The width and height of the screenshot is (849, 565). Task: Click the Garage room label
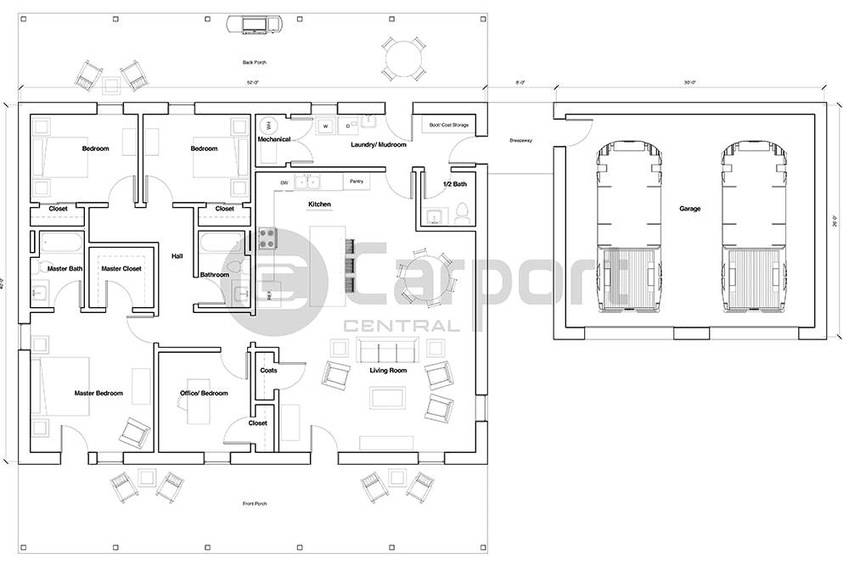689,209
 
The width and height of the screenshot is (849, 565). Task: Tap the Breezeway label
520,141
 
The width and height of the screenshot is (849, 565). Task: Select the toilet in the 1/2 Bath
463,211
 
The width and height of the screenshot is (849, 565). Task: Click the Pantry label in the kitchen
357,181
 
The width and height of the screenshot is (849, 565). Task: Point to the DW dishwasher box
285,182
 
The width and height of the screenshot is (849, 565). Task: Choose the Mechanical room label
274,139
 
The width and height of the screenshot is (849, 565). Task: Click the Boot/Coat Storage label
448,125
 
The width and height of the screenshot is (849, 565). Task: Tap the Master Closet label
121,269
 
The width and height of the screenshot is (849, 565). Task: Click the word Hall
177,255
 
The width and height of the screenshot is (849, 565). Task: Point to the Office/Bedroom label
204,393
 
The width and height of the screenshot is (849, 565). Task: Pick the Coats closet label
268,370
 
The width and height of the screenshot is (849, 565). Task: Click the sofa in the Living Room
385,350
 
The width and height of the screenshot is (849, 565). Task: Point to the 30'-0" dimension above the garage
689,82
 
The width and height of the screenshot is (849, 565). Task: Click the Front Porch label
255,504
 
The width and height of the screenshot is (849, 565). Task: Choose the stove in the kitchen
267,238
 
